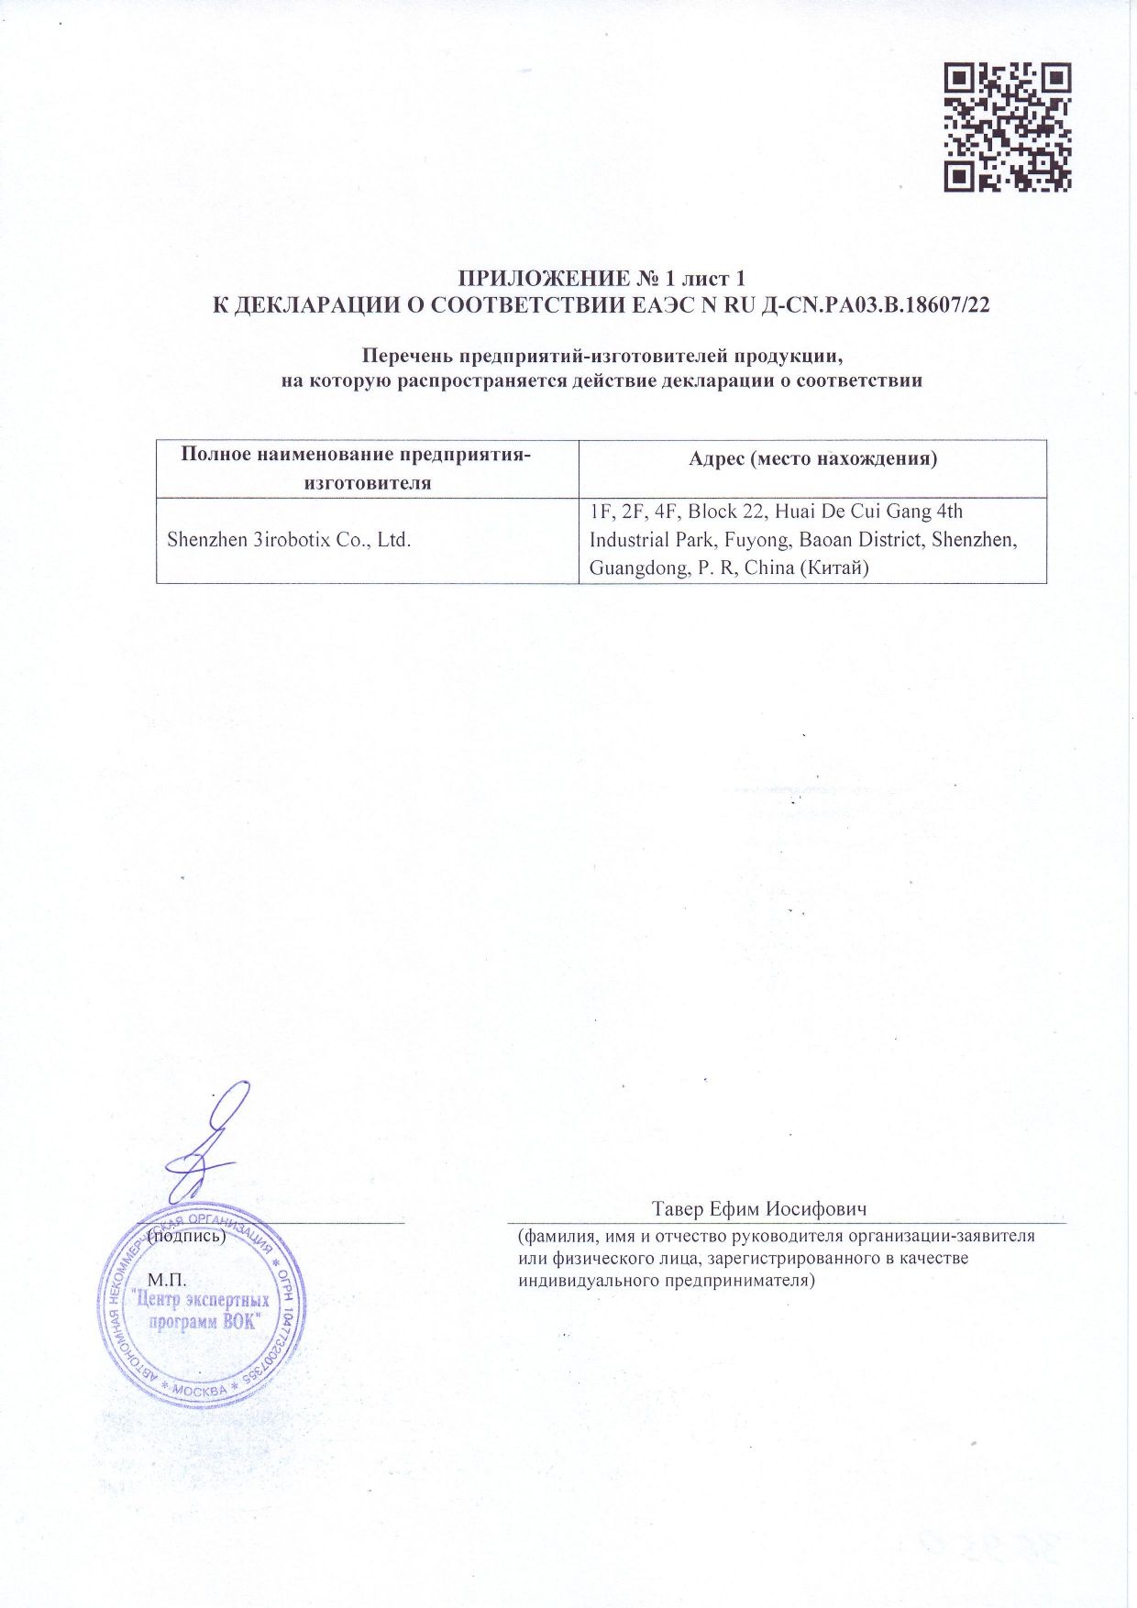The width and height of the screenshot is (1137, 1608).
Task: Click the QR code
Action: click(x=1008, y=127)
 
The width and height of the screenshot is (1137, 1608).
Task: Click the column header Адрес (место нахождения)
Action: click(x=812, y=458)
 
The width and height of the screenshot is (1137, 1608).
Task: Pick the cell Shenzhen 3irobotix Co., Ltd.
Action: click(x=289, y=540)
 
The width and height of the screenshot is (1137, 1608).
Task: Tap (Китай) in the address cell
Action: click(x=835, y=568)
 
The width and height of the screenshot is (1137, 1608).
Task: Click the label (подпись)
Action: click(x=187, y=1236)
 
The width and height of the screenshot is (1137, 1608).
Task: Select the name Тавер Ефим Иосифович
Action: click(x=759, y=1208)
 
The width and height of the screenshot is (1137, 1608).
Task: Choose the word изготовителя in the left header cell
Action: click(x=367, y=483)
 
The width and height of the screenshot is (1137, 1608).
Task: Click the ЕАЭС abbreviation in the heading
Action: click(x=666, y=305)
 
